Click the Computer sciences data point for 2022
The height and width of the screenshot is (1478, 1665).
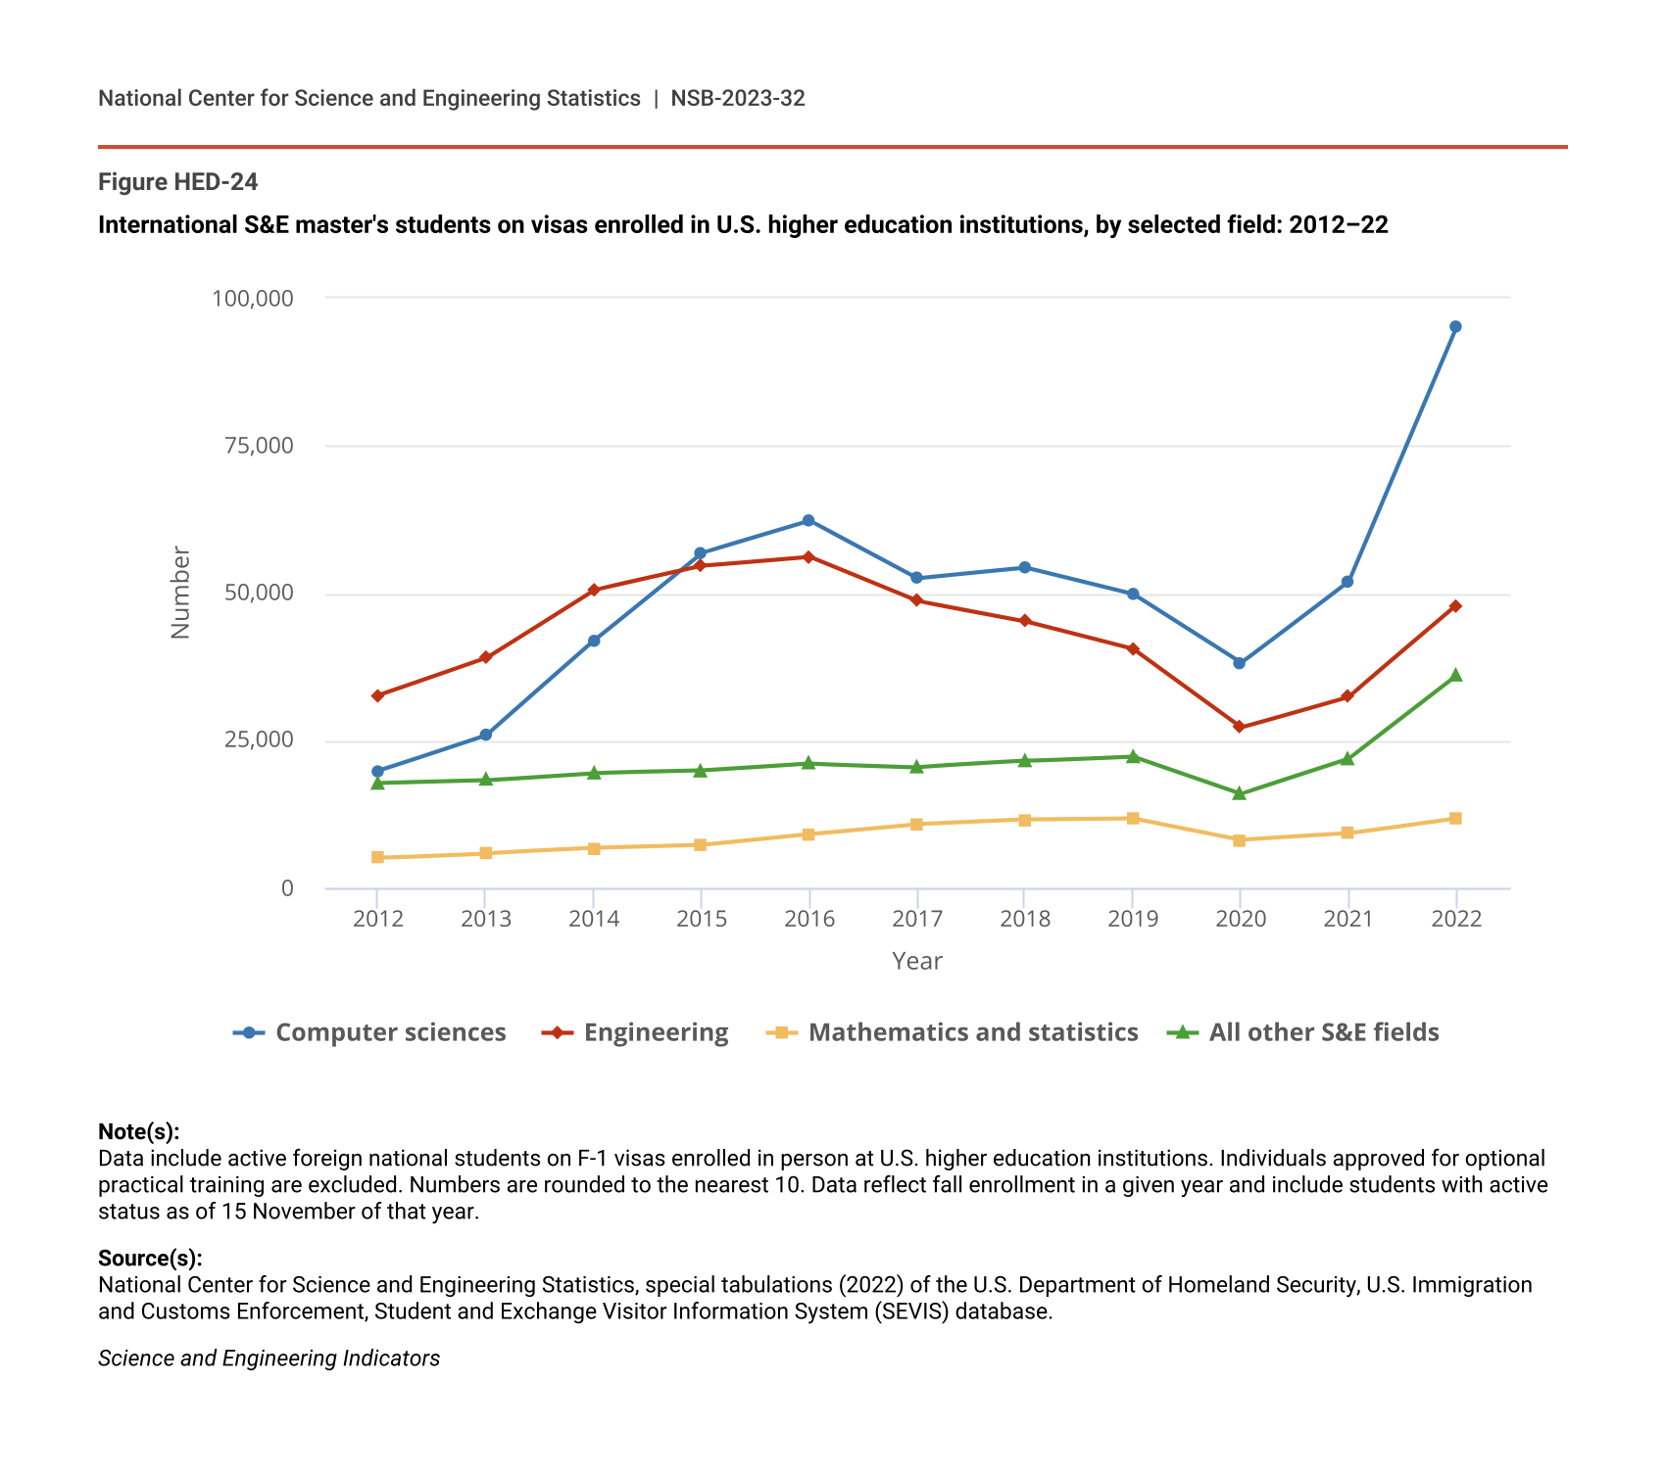pyautogui.click(x=1455, y=327)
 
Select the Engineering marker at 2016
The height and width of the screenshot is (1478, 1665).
pyautogui.click(x=808, y=557)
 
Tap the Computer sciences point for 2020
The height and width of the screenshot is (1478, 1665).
pyautogui.click(x=1240, y=663)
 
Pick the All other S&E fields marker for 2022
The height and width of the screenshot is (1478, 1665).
pyautogui.click(x=1455, y=675)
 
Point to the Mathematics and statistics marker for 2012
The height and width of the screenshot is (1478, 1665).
pyautogui.click(x=377, y=858)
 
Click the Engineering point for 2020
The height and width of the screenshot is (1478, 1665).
pyautogui.click(x=1240, y=727)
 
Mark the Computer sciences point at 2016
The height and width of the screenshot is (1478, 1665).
pyautogui.click(x=808, y=520)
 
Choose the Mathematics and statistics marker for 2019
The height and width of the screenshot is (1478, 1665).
pyautogui.click(x=1133, y=819)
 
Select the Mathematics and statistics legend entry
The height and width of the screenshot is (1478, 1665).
pyautogui.click(x=952, y=1032)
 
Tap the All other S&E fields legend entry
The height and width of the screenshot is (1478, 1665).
pyautogui.click(x=1304, y=1032)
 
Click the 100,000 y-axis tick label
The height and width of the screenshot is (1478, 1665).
pyautogui.click(x=253, y=298)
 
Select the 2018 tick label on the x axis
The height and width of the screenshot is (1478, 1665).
pyautogui.click(x=1025, y=919)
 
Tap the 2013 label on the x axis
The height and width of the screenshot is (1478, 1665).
pyautogui.click(x=486, y=919)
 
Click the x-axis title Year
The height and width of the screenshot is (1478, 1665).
pyautogui.click(x=917, y=961)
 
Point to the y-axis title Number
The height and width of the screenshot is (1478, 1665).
pyautogui.click(x=180, y=593)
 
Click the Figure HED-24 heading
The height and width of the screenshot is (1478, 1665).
pyautogui.click(x=178, y=182)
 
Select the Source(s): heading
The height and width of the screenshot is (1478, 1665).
pyautogui.click(x=150, y=1258)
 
